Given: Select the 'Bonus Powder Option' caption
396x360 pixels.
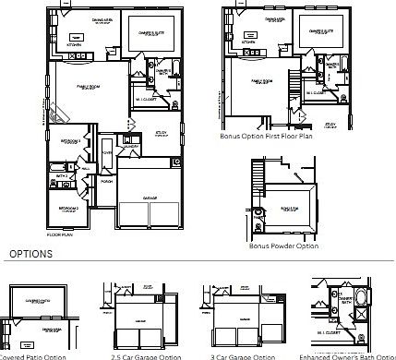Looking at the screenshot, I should pos(283,246).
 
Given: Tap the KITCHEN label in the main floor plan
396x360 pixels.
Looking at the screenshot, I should pos(75,42).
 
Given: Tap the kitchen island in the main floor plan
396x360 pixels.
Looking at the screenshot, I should pos(78,56).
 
